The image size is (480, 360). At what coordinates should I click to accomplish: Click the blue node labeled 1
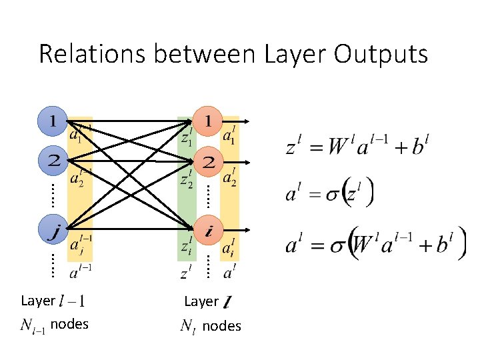53,121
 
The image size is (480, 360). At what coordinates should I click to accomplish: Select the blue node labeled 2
53,161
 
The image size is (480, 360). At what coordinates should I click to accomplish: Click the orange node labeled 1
209,121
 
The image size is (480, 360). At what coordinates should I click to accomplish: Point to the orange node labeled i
209,231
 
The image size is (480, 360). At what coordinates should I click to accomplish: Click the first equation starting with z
357,145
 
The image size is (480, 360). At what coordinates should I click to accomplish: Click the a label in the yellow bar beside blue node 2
79,175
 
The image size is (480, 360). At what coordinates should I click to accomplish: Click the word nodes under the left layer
69,325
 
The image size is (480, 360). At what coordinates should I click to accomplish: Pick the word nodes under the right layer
221,326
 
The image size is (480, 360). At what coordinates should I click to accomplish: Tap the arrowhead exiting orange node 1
247,121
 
